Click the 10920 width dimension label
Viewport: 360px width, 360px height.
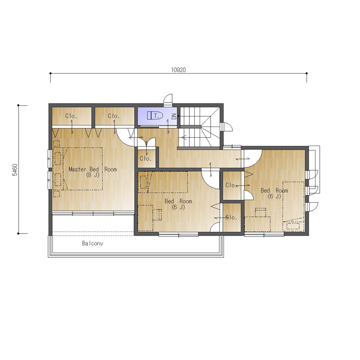click(178, 70)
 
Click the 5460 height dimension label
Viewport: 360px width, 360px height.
click(15, 169)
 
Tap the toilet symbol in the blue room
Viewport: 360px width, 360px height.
click(155, 115)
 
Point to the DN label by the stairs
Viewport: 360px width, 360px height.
click(174, 116)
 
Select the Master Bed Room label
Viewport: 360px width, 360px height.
click(93, 169)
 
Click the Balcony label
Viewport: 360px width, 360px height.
click(93, 243)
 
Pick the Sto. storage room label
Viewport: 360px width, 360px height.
click(231, 217)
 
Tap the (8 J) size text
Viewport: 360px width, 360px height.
click(93, 175)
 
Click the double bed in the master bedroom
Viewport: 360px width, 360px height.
click(78, 168)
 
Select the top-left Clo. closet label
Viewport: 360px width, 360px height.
click(71, 116)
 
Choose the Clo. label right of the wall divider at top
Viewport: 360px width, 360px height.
click(114, 116)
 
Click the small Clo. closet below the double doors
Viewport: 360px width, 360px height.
click(146, 158)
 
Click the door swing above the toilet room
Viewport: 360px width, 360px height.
click(168, 99)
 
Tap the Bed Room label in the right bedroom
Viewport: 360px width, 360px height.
click(274, 191)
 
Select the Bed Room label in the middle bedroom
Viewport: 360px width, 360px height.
click(178, 201)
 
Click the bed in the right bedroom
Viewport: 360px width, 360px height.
click(293, 206)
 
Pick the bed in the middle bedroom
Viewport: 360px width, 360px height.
click(163, 182)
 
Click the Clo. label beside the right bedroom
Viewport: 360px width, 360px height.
click(231, 185)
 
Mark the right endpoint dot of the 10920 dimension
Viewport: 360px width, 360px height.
click(307, 74)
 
